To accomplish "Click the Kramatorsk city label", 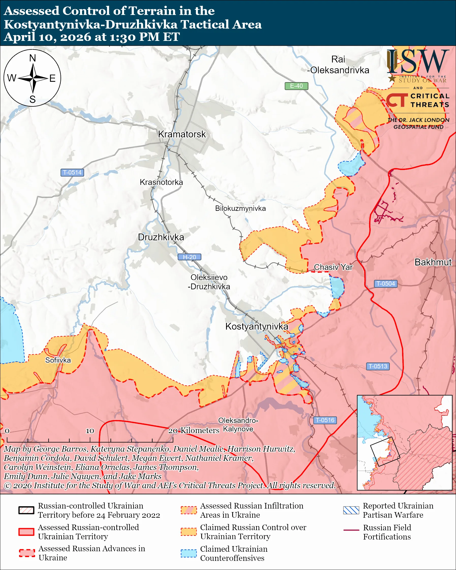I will [x=182, y=134].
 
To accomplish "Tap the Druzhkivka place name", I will [x=161, y=237].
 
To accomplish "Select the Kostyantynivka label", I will [x=256, y=326].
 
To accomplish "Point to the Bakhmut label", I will [x=433, y=262].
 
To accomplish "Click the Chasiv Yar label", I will [x=333, y=267].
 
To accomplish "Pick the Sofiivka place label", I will [x=58, y=360].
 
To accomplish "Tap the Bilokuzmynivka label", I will [x=240, y=209].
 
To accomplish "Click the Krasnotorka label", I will [x=161, y=182].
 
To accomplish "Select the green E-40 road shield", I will [x=296, y=86].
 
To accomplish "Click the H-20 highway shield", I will [x=189, y=257].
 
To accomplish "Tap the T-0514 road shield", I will [x=72, y=173].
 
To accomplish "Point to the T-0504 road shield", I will [x=385, y=284].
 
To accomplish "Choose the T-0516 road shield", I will [x=325, y=420].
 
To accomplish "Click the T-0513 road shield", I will [x=378, y=366].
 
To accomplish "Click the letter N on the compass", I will [x=33, y=58].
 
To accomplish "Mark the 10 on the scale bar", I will [x=90, y=431].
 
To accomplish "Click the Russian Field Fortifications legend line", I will [x=351, y=530].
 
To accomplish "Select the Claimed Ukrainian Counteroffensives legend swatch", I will [x=188, y=553].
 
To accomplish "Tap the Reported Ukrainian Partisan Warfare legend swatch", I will [x=351, y=510].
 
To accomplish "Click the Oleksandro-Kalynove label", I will [x=238, y=425].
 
